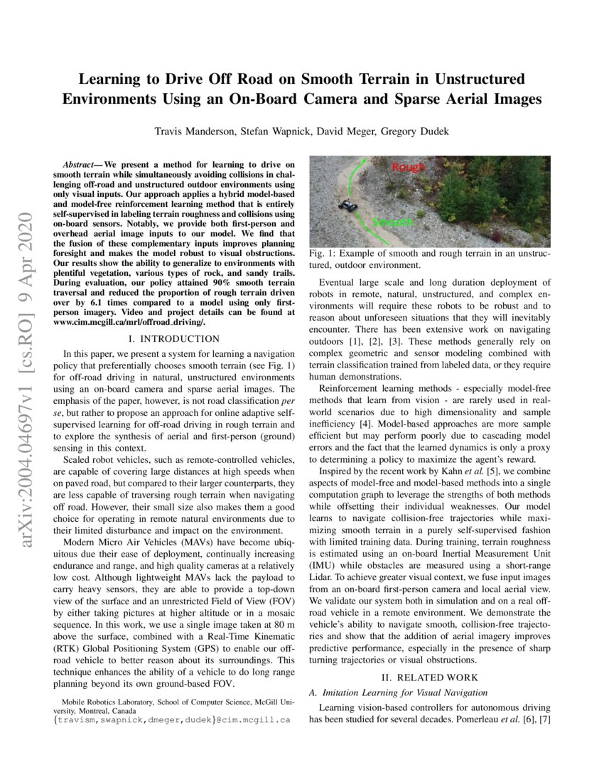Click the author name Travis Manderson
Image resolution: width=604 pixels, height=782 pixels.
[x=200, y=131]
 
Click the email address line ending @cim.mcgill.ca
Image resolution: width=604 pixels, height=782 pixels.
[x=173, y=719]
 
